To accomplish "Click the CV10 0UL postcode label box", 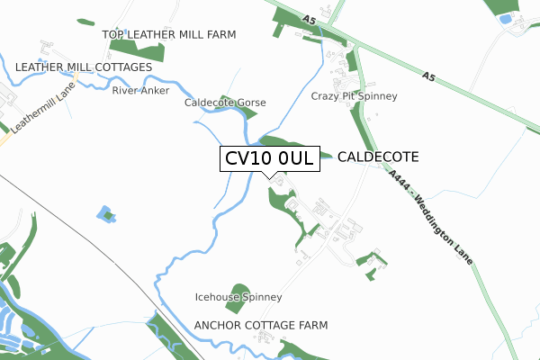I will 269,158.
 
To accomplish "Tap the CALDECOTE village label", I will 379,157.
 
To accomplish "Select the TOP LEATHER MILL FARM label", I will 169,35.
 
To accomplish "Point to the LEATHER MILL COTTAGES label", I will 84,67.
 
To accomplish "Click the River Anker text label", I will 140,90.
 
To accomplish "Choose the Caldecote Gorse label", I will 225,103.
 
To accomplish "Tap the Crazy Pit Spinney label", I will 355,96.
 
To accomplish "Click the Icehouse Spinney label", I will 238,297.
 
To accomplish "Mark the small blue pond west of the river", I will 106,214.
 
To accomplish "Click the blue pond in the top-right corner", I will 505,19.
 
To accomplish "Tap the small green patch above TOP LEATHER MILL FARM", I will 85,21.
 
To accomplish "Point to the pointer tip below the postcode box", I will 269,176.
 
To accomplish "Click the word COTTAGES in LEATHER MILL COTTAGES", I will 118,67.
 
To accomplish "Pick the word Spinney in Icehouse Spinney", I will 260,297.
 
